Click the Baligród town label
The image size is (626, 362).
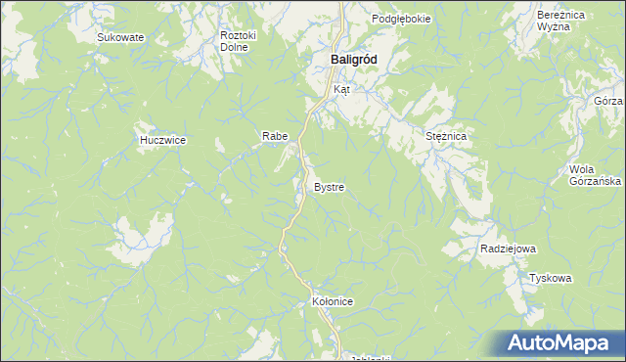[348, 59]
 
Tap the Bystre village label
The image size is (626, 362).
[329, 186]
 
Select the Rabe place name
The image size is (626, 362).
[273, 136]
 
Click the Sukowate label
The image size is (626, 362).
[120, 37]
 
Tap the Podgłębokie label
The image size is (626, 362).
[401, 20]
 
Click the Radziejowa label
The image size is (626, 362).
[508, 249]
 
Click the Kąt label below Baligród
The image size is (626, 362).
[341, 89]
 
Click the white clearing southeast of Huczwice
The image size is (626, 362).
[137, 235]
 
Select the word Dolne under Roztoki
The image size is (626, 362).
[234, 47]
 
